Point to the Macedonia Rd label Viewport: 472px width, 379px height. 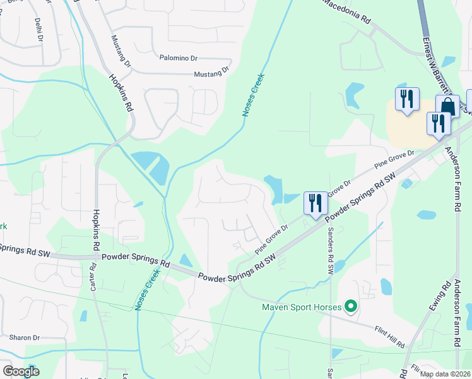(x=346, y=11)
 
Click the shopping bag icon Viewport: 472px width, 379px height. (x=447, y=105)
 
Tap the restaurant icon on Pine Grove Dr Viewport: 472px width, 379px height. (x=315, y=203)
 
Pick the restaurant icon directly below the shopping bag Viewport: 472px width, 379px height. (x=437, y=123)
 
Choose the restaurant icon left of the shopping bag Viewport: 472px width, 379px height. (x=407, y=99)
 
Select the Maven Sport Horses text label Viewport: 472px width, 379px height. (x=301, y=308)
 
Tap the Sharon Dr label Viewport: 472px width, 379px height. (x=24, y=338)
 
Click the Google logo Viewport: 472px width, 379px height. (x=21, y=371)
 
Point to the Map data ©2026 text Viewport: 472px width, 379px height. (x=445, y=374)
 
